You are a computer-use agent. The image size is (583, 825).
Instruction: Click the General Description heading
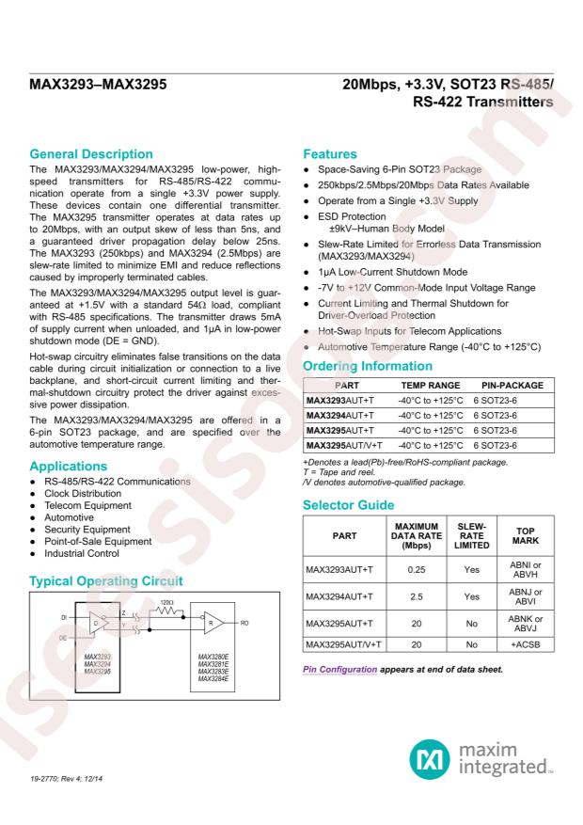coord(89,153)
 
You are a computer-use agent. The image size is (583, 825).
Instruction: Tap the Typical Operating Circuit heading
coord(105,581)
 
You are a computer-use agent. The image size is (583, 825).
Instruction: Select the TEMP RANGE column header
coord(431,386)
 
